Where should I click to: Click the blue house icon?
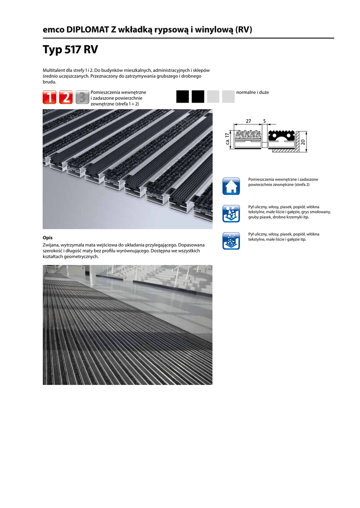[x=231, y=186]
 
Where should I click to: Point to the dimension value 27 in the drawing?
[x=248, y=121]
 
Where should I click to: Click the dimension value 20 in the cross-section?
[x=303, y=142]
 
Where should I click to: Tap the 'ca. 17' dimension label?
[x=226, y=139]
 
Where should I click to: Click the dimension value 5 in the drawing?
[x=264, y=121]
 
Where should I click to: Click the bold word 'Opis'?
[x=48, y=238]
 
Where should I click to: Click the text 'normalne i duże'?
[x=252, y=92]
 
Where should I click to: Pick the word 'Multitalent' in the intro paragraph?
[x=55, y=71]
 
